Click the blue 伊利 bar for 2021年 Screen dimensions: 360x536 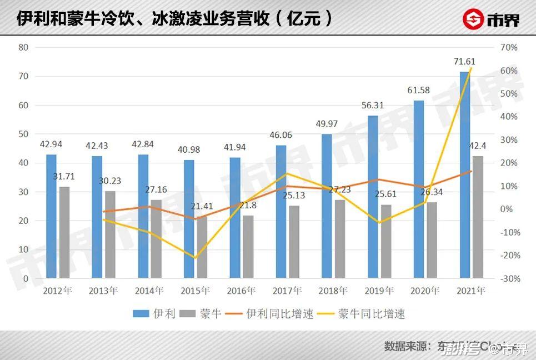(x=465, y=174)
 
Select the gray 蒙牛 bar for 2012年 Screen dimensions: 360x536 (x=64, y=232)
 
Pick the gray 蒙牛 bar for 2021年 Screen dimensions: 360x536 (x=478, y=217)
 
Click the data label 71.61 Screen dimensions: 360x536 (x=464, y=62)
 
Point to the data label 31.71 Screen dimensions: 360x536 (x=64, y=177)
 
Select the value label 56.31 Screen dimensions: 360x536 (x=373, y=106)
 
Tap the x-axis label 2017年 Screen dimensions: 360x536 (x=287, y=291)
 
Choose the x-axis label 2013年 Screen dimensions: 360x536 (x=103, y=291)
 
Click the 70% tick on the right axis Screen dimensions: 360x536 (x=508, y=47)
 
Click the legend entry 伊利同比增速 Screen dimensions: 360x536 (x=280, y=314)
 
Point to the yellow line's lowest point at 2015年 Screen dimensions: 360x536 (x=194, y=258)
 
